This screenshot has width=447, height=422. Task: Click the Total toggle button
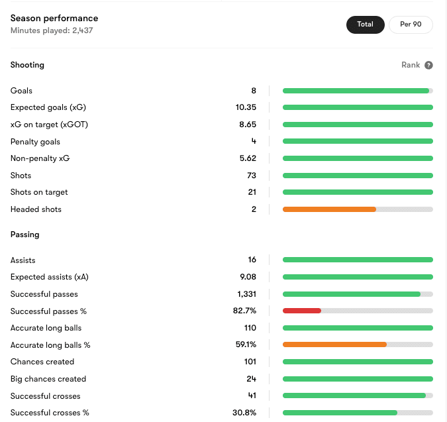pyautogui.click(x=365, y=25)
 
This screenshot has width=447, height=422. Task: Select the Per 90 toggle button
pyautogui.click(x=410, y=25)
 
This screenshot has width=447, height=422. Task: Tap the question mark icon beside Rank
pyautogui.click(x=428, y=65)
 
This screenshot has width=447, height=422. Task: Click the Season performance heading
pyautogui.click(x=54, y=19)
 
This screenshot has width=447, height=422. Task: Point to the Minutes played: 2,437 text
pyautogui.click(x=52, y=30)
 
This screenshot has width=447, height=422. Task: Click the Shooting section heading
pyautogui.click(x=27, y=65)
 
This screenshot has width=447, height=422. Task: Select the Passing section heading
pyautogui.click(x=25, y=235)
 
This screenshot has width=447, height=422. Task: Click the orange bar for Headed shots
pyautogui.click(x=329, y=209)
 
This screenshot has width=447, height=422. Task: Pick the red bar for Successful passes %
pyautogui.click(x=302, y=311)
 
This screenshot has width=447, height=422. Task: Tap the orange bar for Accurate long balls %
pyautogui.click(x=334, y=345)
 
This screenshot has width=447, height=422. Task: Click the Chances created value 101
pyautogui.click(x=250, y=362)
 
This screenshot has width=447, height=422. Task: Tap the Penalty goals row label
pyautogui.click(x=35, y=142)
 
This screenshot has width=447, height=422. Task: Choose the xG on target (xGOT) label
pyautogui.click(x=49, y=125)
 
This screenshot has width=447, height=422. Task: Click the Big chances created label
pyautogui.click(x=48, y=379)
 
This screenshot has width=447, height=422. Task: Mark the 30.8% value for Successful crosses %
pyautogui.click(x=244, y=413)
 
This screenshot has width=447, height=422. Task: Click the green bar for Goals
pyautogui.click(x=356, y=91)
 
